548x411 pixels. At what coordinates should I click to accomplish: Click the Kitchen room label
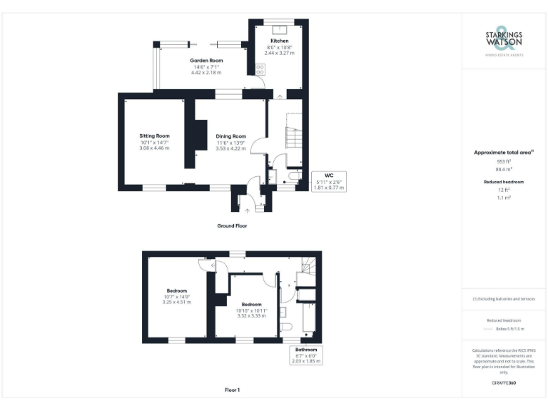(279, 41)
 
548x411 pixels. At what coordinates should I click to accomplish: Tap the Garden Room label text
(205, 61)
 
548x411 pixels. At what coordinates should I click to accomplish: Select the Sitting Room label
(154, 136)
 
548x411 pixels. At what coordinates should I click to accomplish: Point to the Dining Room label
(230, 136)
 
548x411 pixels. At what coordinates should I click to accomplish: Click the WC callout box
(328, 182)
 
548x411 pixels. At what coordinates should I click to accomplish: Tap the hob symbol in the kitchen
(260, 70)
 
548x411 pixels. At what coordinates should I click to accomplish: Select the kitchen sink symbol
(279, 29)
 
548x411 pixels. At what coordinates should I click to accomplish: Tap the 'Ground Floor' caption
(232, 225)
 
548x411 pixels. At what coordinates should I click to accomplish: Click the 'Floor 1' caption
(232, 390)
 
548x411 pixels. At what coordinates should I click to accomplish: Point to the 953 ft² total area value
(504, 162)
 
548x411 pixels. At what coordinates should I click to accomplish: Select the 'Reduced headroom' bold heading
(504, 182)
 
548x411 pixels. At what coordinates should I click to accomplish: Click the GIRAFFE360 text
(504, 383)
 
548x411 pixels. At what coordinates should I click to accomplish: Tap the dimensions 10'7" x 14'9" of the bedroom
(177, 297)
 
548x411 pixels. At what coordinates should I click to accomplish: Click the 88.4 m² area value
(504, 170)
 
